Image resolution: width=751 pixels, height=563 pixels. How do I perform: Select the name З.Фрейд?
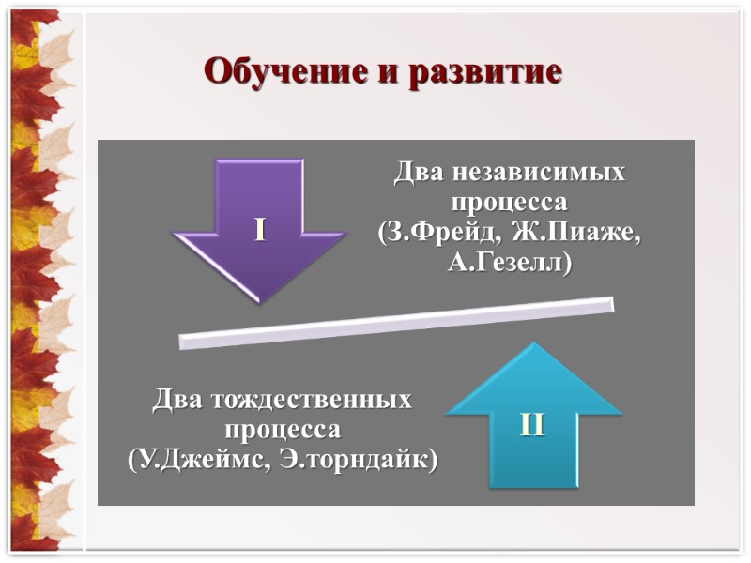pyautogui.click(x=433, y=233)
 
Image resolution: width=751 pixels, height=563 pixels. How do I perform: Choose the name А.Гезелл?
pyautogui.click(x=509, y=263)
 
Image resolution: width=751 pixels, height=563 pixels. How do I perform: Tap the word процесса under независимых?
pyautogui.click(x=509, y=203)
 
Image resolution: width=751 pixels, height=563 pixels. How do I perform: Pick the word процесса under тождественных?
pyautogui.click(x=283, y=431)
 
